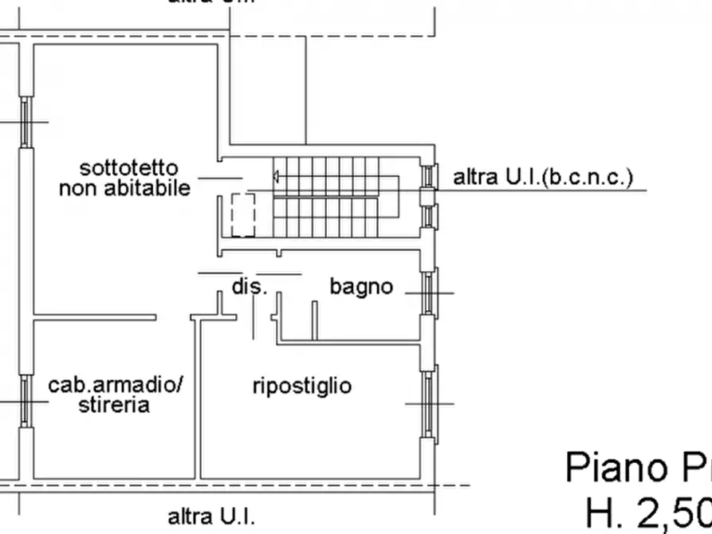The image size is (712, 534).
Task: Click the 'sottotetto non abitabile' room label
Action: pyautogui.click(x=125, y=179)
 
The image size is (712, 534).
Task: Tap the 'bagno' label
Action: pyautogui.click(x=361, y=286)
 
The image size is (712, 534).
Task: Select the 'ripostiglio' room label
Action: pyautogui.click(x=301, y=387)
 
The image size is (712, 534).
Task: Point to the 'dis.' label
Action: pyautogui.click(x=248, y=286)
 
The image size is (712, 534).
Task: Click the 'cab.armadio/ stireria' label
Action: pyautogui.click(x=116, y=395)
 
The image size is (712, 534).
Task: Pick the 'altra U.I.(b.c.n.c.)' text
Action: pyautogui.click(x=542, y=177)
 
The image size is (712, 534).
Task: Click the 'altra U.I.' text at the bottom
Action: pyautogui.click(x=211, y=516)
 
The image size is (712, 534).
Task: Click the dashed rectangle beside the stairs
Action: pyautogui.click(x=242, y=214)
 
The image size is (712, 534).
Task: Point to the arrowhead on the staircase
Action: pyautogui.click(x=276, y=176)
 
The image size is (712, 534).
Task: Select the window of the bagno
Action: pyautogui.click(x=429, y=293)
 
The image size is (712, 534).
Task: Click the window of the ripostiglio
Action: pyautogui.click(x=430, y=403)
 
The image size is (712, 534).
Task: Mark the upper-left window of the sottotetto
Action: pyautogui.click(x=26, y=122)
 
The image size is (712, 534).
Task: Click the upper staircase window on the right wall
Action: pyautogui.click(x=429, y=175)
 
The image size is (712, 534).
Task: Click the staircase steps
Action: pyautogui.click(x=335, y=195)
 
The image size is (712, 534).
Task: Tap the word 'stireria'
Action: pyautogui.click(x=114, y=405)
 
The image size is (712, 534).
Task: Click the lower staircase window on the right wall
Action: pyautogui.click(x=429, y=216)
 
